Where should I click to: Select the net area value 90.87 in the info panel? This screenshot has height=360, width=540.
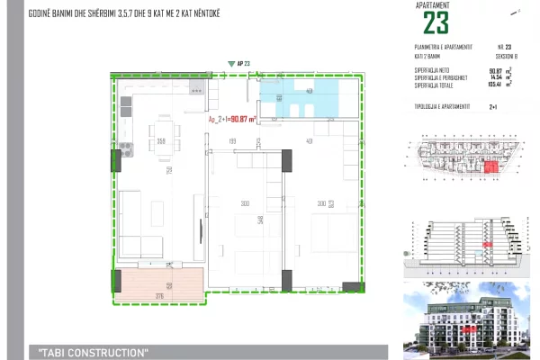[495, 70]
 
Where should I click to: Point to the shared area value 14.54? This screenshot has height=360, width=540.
[495, 77]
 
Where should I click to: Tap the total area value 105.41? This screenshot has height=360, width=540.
[495, 85]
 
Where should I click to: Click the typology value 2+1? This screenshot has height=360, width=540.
[492, 106]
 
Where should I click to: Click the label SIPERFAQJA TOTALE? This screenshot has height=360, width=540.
[432, 85]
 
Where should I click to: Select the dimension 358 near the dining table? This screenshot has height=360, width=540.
[161, 141]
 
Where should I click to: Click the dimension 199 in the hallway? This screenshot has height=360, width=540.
[231, 142]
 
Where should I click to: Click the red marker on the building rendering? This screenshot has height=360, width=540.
[469, 329]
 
